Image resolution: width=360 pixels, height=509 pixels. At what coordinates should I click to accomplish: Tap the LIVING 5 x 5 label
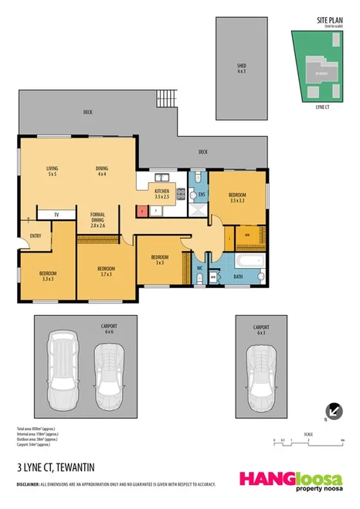pos(53,171)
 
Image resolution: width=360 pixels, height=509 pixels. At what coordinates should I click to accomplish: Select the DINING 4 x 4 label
pos(101,171)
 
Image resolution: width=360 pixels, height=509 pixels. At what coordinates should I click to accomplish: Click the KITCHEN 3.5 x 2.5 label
pos(161,194)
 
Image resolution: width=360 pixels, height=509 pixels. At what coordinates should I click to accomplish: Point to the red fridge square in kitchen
pos(141,209)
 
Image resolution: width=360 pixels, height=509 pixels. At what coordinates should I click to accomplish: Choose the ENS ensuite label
pos(202,195)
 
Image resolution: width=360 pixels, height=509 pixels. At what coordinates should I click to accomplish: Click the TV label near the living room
pos(56,214)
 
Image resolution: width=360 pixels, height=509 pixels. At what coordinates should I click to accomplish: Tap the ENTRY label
pos(36,236)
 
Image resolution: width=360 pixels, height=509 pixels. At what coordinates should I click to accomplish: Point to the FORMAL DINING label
pos(97,219)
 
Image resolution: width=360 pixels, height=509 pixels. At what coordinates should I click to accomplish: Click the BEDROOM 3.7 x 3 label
pos(105,270)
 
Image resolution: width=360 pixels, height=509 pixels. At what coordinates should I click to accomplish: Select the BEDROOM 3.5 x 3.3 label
pos(237,197)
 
